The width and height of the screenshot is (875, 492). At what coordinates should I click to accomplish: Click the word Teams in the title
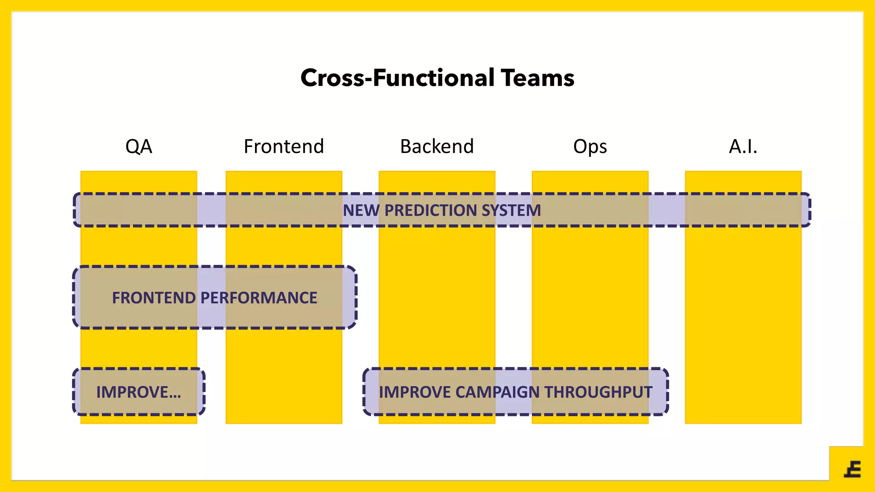537,78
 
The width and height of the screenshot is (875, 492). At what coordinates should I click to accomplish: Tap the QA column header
138,146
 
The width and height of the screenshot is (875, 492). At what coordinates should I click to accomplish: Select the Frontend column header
284,146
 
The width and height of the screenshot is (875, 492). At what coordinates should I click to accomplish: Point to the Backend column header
437,146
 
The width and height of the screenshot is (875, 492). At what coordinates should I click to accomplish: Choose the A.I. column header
743,146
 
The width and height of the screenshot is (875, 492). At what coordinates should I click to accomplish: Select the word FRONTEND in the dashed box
154,298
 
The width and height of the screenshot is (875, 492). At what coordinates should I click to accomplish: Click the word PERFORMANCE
259,298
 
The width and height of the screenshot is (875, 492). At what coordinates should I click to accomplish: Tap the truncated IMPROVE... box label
138,392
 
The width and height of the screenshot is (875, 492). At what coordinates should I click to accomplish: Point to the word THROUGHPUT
598,392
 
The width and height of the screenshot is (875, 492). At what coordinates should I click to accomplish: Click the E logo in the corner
853,469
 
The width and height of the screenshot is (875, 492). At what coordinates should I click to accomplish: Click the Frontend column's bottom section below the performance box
284,376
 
